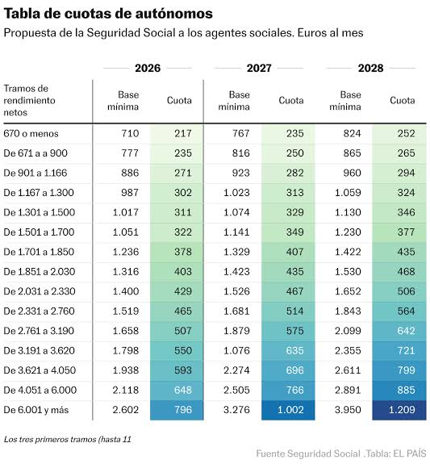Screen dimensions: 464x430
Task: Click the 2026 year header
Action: (148, 69)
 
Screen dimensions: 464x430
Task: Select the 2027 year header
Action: (259, 69)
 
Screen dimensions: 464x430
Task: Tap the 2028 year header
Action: (370, 69)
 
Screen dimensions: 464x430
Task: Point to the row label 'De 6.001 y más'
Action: (37, 410)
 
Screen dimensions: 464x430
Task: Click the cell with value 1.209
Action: (402, 410)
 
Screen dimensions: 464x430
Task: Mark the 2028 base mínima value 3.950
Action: (350, 410)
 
